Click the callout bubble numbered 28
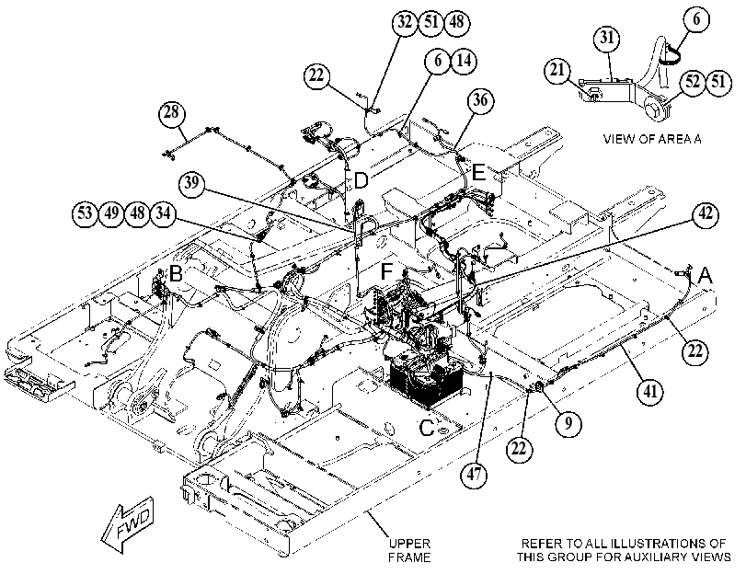[x=172, y=113]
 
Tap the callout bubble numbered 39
[x=191, y=183]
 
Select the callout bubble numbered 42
[x=706, y=214]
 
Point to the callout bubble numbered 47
[x=474, y=475]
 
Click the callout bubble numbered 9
[x=568, y=422]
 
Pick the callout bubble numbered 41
[x=650, y=391]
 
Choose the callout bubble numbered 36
[x=480, y=100]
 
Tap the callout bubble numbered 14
[x=464, y=61]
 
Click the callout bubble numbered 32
[x=406, y=22]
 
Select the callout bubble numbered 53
[x=86, y=213]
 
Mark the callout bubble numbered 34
[x=163, y=213]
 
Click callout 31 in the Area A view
[x=607, y=38]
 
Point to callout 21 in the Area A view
[x=557, y=71]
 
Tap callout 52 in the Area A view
[x=693, y=82]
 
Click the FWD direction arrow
[x=128, y=524]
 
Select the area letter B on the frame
[x=176, y=274]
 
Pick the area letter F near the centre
[x=386, y=271]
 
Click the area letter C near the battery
[x=427, y=428]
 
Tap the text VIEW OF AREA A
[x=652, y=139]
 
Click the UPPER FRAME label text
[x=409, y=550]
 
